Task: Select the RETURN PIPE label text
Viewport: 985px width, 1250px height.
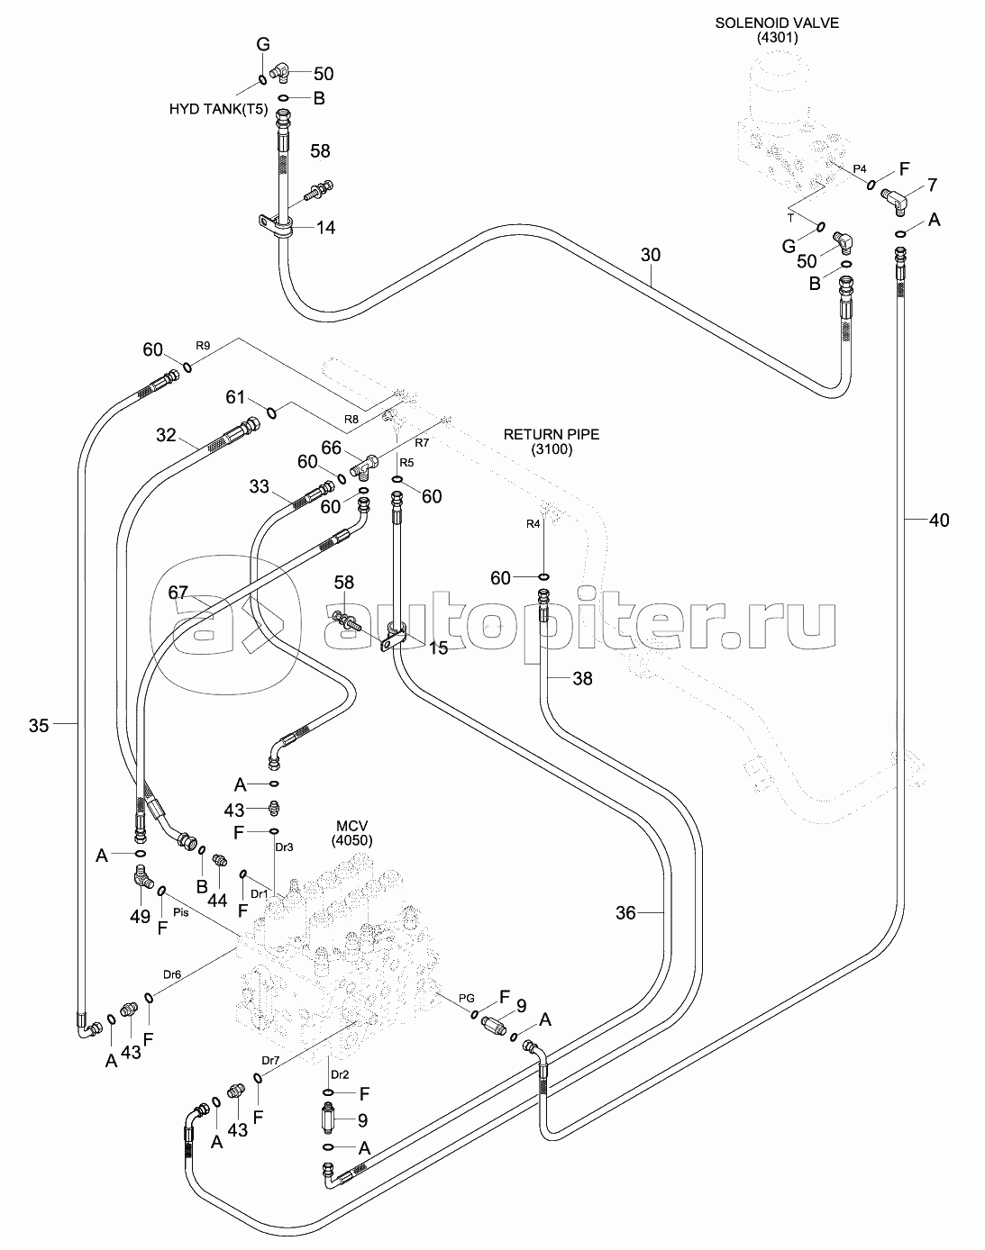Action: [551, 434]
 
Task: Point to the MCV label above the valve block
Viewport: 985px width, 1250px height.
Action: [353, 826]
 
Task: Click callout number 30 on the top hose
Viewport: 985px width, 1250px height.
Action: [651, 256]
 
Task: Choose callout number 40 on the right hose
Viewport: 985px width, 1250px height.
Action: [939, 520]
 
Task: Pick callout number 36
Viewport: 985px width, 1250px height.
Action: [625, 913]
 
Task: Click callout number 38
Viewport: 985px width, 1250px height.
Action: [583, 679]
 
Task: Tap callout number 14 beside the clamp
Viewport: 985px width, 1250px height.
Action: [324, 229]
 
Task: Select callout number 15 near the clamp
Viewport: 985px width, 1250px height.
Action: [438, 648]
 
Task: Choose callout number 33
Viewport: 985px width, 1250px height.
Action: [259, 487]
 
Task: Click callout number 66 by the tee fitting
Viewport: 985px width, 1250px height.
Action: [331, 447]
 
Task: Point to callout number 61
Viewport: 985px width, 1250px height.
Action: [235, 396]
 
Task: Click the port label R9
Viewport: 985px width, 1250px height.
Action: [204, 345]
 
